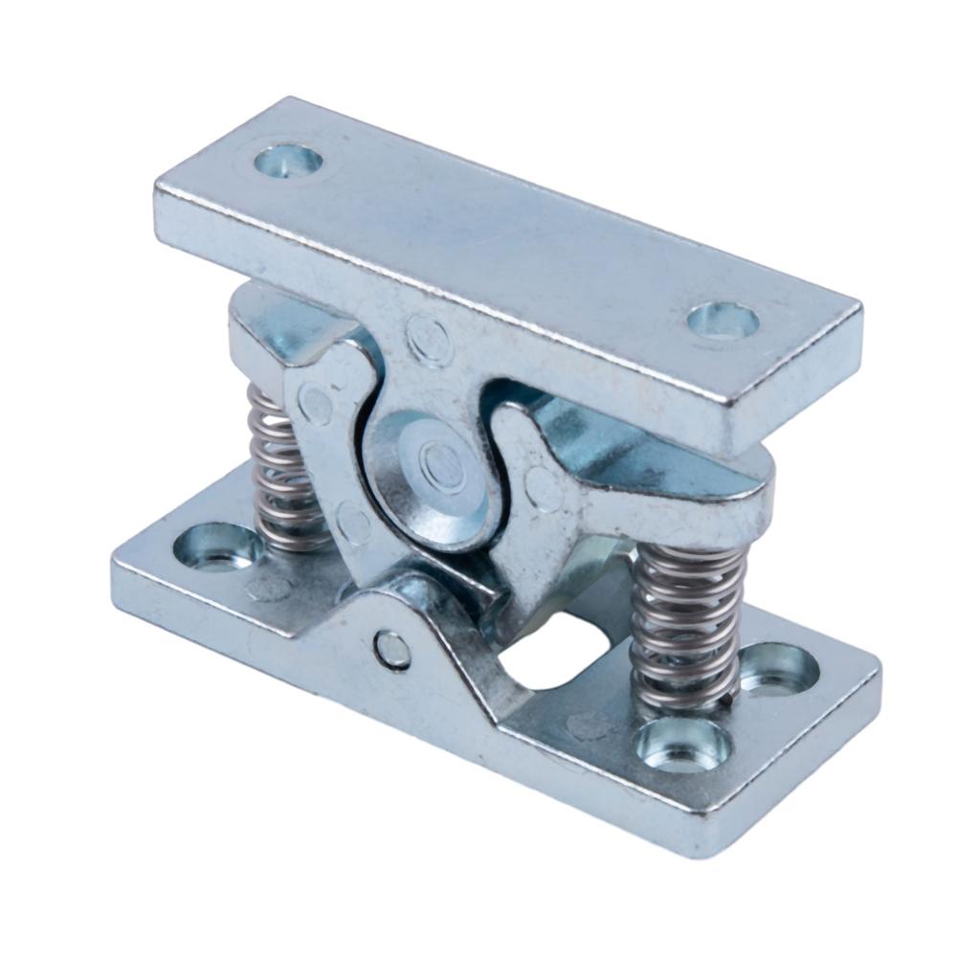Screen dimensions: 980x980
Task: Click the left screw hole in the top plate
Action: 288,160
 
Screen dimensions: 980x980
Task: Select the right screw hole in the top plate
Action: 723,321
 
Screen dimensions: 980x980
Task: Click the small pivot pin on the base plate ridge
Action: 391,651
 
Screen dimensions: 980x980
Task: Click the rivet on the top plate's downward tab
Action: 429,340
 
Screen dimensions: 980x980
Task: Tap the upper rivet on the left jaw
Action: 315,403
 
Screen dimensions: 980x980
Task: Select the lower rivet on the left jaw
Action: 353,523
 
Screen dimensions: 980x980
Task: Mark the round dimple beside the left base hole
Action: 269,587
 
